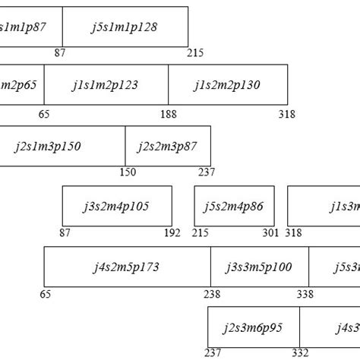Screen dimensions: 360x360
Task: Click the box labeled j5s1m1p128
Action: (125, 27)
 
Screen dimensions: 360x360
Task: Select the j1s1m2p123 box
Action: (106, 84)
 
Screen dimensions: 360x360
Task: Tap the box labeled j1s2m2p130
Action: (228, 84)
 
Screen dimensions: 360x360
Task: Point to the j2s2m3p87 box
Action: (168, 146)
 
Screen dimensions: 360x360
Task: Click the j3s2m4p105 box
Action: (117, 206)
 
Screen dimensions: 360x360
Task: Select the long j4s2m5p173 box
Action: (127, 267)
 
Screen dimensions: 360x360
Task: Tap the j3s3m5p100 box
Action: (258, 267)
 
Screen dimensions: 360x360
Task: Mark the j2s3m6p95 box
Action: (254, 327)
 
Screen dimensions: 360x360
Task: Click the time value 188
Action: (169, 114)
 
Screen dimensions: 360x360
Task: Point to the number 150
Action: (128, 172)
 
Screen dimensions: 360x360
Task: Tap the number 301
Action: (271, 233)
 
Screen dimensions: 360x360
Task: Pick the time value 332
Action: (300, 353)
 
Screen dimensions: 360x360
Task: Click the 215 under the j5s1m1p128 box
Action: (195, 53)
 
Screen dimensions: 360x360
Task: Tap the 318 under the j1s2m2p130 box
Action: (287, 114)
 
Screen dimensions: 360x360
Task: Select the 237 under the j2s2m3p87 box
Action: (207, 172)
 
